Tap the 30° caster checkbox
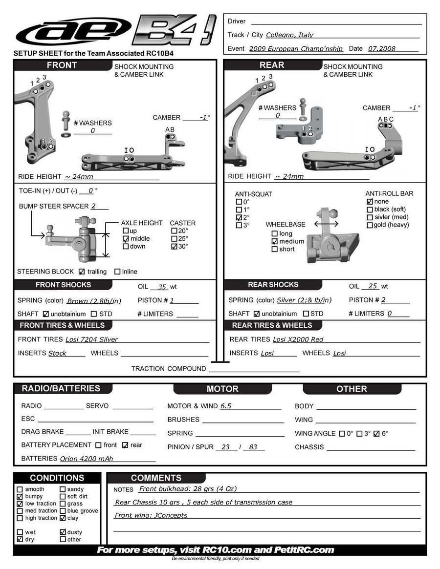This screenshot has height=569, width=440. pos(174,247)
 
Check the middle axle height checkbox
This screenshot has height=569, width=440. pos(126,239)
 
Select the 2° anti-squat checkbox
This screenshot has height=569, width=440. pos(239,217)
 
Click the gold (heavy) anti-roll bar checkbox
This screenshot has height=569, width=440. pos(370,225)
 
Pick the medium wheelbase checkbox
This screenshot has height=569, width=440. pos(274,242)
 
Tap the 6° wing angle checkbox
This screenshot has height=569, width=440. pos(376,434)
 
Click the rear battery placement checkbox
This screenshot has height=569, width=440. pos(125,445)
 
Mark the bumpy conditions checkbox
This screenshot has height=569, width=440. pos(20,497)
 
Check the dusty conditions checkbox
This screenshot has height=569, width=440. pos(63,532)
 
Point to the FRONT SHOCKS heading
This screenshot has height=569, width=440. pos(63,285)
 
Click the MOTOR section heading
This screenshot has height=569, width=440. pos(222,389)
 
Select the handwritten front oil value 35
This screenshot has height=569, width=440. pos(162,287)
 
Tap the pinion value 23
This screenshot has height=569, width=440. pos(225,447)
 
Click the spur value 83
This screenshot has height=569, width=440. pos(253,447)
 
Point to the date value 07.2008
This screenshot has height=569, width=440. pos(382,49)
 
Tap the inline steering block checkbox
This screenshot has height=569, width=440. pos(117,272)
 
